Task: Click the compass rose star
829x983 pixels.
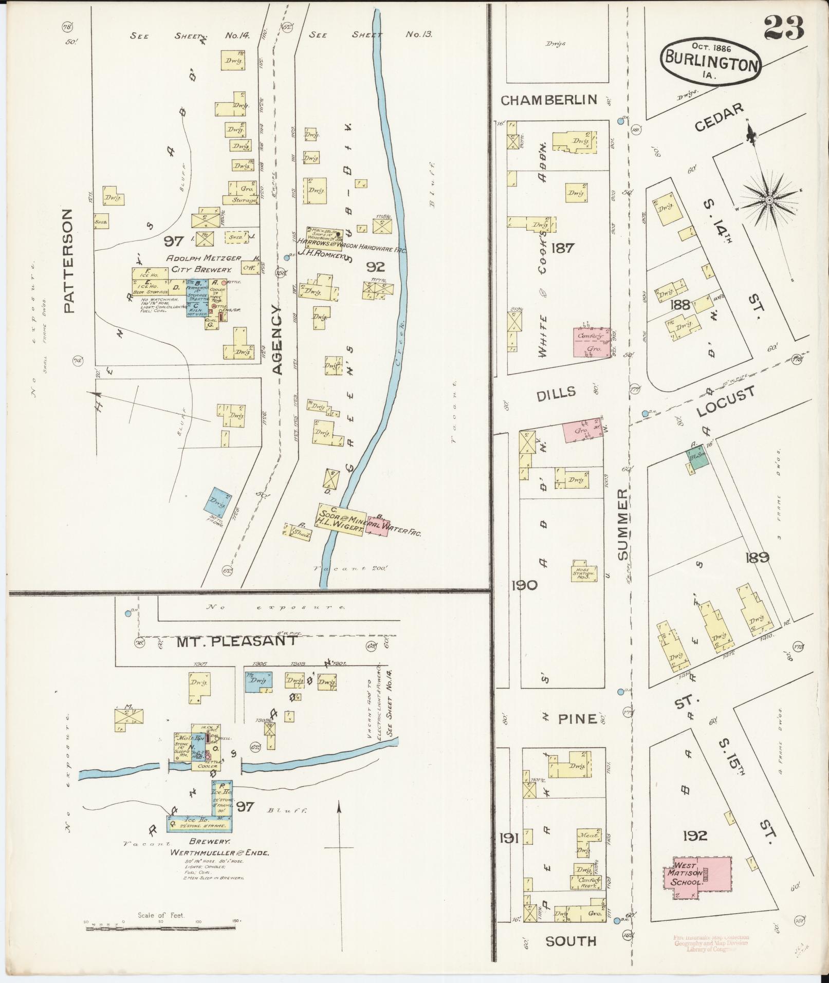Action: point(769,199)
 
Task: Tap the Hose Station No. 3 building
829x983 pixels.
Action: point(584,571)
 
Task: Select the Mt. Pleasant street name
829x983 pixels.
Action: point(236,641)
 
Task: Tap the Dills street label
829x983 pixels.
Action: point(556,393)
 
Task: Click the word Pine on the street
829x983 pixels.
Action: point(578,718)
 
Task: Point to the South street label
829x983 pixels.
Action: point(570,940)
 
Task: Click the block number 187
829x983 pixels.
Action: point(562,248)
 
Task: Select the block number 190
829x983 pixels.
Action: point(524,585)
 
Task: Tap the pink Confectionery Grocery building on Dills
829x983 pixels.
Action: point(591,342)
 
